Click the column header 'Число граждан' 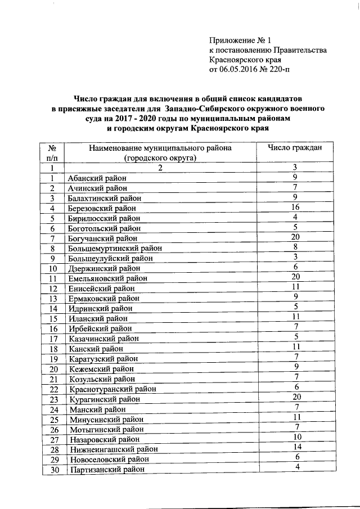click(x=295, y=148)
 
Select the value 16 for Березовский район click(x=294, y=207)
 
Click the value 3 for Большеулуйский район click(x=295, y=256)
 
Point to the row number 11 click(x=52, y=278)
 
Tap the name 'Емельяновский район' click(x=107, y=278)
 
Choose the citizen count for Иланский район click(x=295, y=317)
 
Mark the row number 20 click(x=52, y=369)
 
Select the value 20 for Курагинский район click(x=294, y=397)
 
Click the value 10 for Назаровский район click(x=294, y=437)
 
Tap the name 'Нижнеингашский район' click(x=112, y=449)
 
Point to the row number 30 click(x=52, y=470)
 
